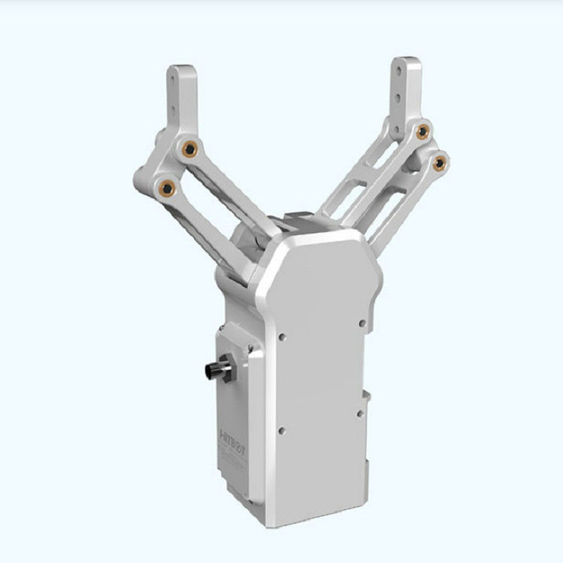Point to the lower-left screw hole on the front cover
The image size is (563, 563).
click(281, 430)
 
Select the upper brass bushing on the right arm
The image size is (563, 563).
click(423, 132)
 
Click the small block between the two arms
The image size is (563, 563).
click(299, 221)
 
